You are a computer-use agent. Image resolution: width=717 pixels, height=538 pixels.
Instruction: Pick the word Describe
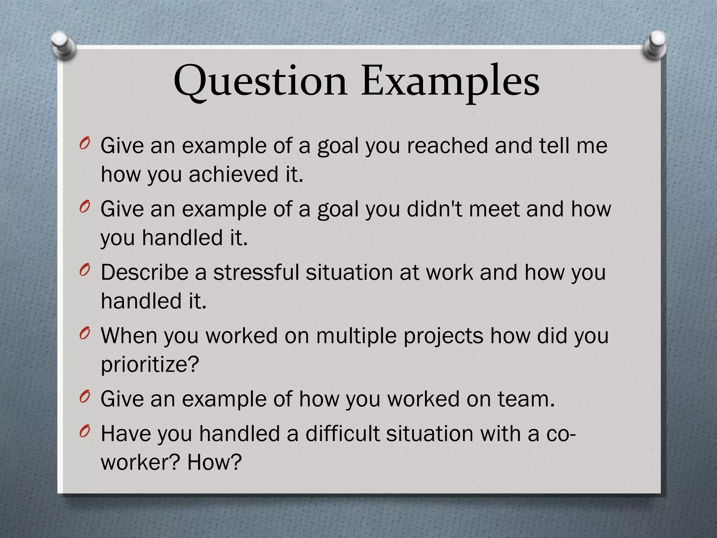[145, 272]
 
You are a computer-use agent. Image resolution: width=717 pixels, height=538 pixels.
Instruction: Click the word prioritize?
[150, 364]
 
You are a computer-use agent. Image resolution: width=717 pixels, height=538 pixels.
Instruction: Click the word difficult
[342, 434]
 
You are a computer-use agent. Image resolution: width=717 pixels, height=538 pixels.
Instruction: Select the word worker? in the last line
[140, 462]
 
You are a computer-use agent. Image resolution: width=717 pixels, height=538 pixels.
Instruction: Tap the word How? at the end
[215, 462]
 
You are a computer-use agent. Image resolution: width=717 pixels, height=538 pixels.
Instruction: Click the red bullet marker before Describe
[84, 271]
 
